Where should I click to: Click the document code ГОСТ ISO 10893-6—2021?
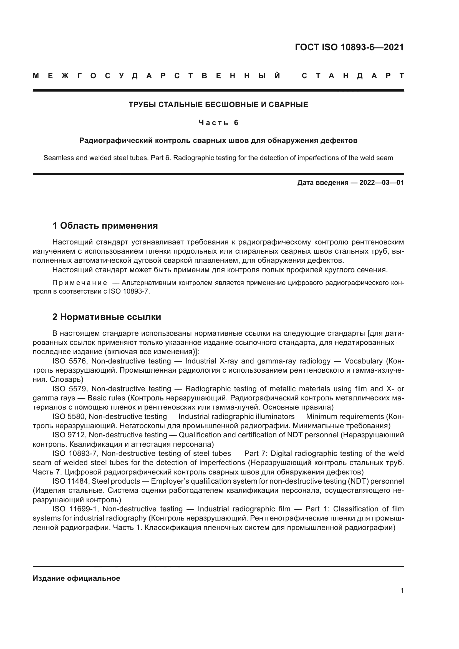(x=349, y=47)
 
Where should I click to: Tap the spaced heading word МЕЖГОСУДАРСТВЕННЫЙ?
(x=157, y=76)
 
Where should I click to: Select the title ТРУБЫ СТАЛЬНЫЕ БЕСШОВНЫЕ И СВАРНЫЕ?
(x=218, y=105)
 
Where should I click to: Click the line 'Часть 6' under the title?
(x=218, y=123)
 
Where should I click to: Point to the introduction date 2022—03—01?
(x=382, y=183)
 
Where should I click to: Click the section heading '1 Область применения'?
(x=105, y=226)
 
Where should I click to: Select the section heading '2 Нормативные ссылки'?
(x=107, y=317)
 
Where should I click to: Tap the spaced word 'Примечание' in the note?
(x=80, y=283)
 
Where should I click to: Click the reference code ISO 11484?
(x=70, y=481)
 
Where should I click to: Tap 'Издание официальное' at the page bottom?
(x=76, y=578)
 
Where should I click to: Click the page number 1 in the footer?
(x=402, y=590)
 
